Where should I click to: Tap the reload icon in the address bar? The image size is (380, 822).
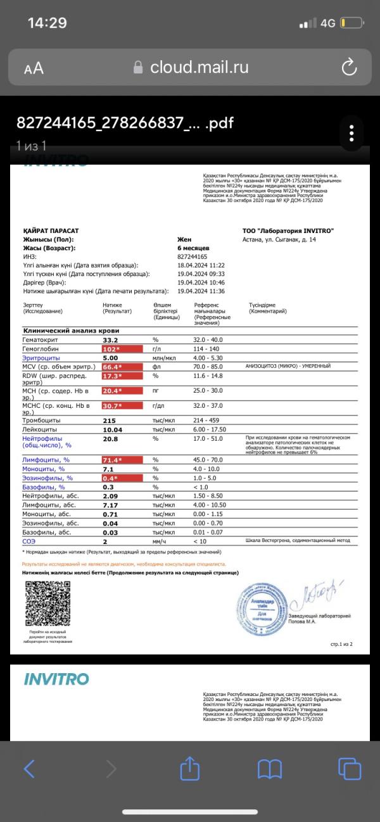(x=349, y=67)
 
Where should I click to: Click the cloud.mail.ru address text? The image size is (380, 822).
(x=199, y=68)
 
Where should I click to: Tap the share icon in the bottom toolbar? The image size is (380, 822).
(x=189, y=769)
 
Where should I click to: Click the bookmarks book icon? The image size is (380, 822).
(x=269, y=769)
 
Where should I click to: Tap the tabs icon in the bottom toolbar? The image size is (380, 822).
(x=349, y=769)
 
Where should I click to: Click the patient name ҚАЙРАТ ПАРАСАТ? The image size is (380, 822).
(x=51, y=231)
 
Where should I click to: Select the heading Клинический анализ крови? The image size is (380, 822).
(x=71, y=331)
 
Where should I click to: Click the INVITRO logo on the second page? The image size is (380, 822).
(x=56, y=680)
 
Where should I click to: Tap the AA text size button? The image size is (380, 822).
(x=34, y=68)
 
